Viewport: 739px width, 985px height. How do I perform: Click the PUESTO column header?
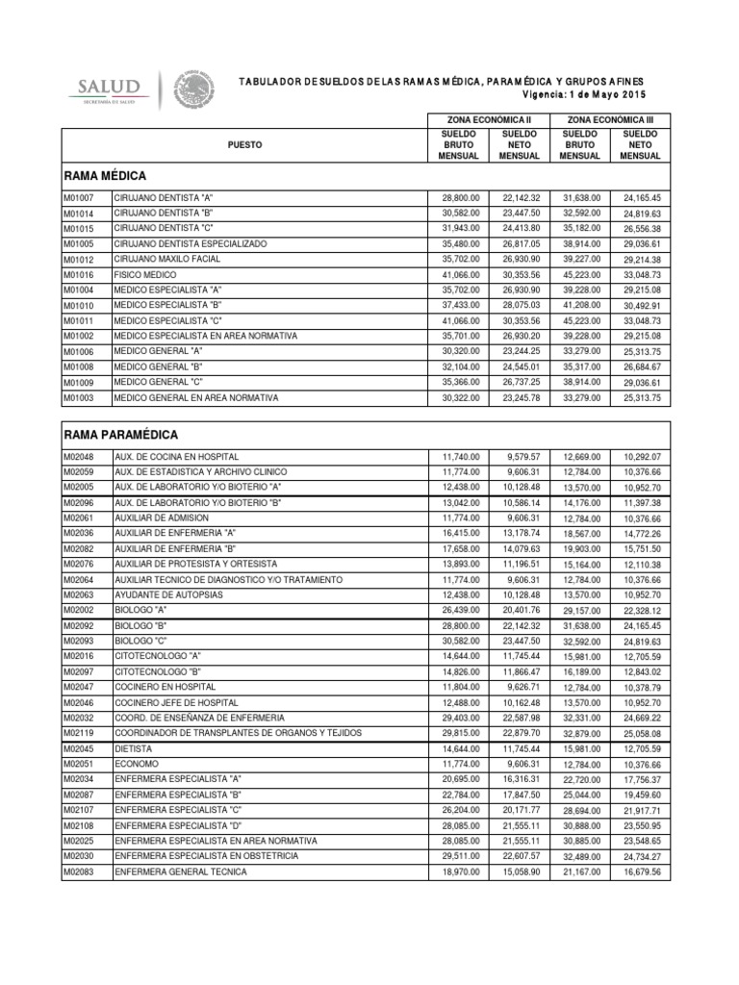pyautogui.click(x=244, y=144)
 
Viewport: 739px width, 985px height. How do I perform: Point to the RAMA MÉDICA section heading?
pyautogui.click(x=105, y=176)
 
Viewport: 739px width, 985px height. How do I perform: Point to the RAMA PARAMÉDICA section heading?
pyautogui.click(x=120, y=435)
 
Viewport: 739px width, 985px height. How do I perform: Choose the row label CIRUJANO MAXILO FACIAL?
pyautogui.click(x=167, y=259)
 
